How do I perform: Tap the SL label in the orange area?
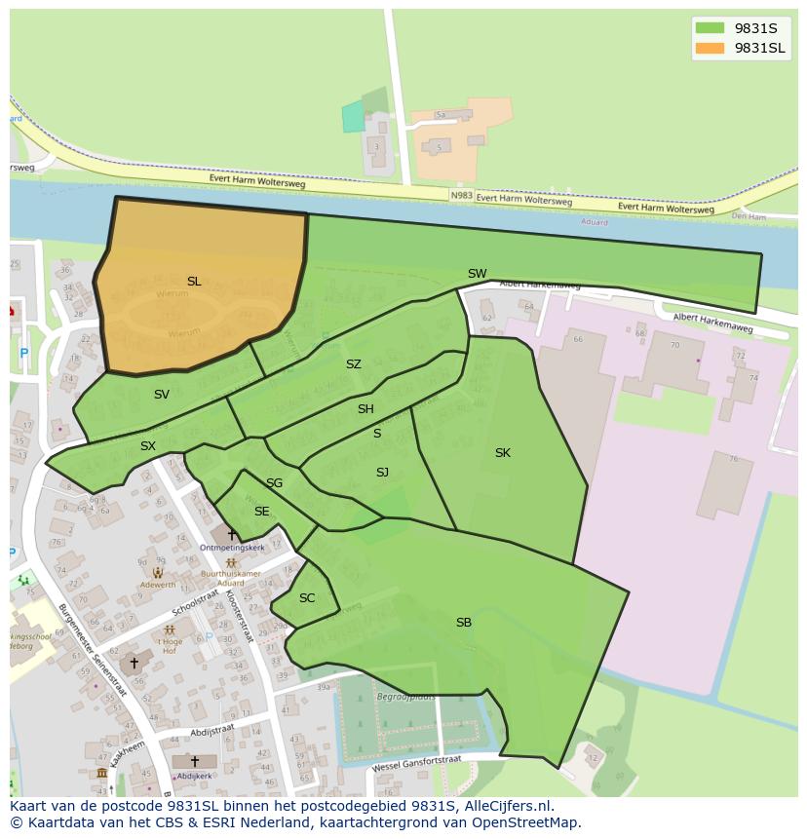tap(194, 282)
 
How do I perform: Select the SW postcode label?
tap(477, 274)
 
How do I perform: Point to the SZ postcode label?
tap(353, 364)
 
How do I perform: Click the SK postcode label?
tap(502, 452)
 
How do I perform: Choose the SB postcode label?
tap(464, 622)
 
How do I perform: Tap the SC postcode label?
tap(307, 598)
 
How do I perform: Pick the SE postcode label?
tap(261, 512)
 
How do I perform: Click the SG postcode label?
tap(274, 483)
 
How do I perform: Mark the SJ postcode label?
tap(382, 473)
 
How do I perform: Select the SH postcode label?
tap(365, 409)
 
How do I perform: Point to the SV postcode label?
tap(162, 395)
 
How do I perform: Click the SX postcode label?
tap(147, 446)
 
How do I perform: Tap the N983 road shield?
tap(462, 196)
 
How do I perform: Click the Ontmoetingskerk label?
tap(232, 548)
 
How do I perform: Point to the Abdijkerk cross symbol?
tap(194, 761)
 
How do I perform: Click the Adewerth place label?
tap(157, 585)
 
